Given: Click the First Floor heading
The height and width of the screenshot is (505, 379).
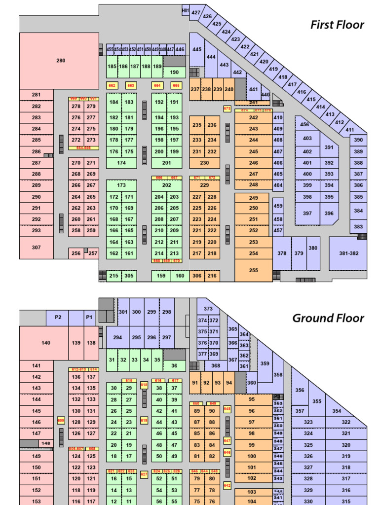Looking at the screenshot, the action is point(337,25).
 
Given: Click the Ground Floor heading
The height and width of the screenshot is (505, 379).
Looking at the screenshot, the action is point(328,318).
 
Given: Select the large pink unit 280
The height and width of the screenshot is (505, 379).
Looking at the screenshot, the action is point(60,61).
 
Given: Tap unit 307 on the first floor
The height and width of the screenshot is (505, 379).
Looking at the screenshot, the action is point(36,248).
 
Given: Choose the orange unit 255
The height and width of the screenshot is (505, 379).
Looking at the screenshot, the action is point(253,270).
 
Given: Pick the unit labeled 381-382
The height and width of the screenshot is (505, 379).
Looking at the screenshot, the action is point(349,253).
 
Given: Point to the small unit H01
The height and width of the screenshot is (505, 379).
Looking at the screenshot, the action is point(186,10).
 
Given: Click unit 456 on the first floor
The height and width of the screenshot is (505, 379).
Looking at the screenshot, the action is point(304,125).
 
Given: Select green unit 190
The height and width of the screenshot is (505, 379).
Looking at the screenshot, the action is point(174,72).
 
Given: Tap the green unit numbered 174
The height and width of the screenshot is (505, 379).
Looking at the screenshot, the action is point(121,163).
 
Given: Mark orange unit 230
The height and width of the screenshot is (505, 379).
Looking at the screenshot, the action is point(204,163).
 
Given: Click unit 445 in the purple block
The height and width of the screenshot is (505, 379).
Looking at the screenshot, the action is point(197,49).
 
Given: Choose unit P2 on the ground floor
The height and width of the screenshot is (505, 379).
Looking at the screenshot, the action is point(58,317).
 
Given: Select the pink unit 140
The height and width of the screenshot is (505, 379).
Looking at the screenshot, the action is point(45,343).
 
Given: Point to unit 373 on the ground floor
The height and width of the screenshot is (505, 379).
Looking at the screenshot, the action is point(208,309).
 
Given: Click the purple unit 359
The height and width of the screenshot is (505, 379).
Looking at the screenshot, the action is point(265,363).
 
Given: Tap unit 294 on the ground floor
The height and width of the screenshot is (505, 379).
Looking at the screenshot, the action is point(117,338).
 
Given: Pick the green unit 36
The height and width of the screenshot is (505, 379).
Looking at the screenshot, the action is point(174,366).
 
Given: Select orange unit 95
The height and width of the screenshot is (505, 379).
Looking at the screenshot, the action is point(252,399).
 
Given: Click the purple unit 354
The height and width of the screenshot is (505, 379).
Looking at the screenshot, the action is point(336,411).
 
